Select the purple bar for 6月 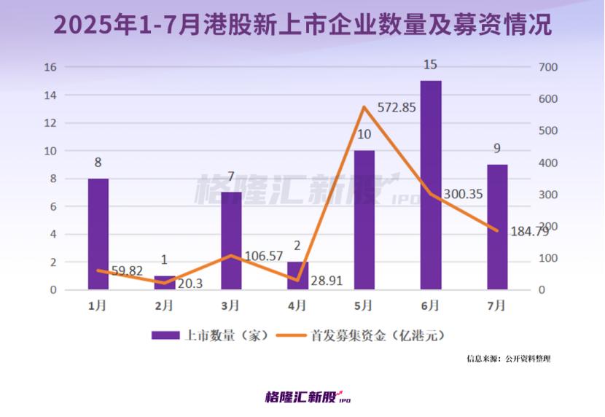[431, 185]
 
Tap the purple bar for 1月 [98, 233]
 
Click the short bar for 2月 [165, 283]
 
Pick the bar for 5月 [364, 219]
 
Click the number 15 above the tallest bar [430, 66]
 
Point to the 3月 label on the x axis [231, 305]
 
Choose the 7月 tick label [497, 305]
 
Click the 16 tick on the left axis [50, 67]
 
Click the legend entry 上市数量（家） [211, 335]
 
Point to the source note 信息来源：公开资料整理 [509, 359]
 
